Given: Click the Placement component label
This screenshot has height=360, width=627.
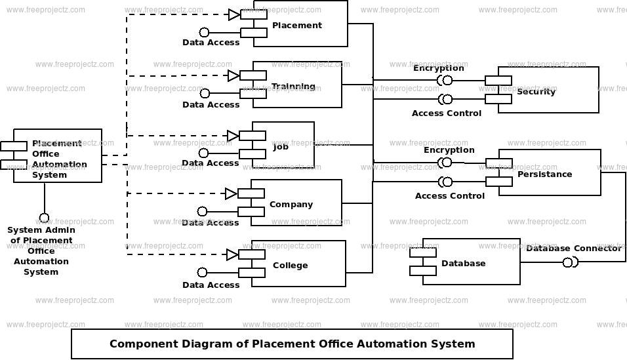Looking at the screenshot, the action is pos(296,25).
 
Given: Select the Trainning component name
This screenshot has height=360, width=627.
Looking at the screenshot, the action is pos(293,87).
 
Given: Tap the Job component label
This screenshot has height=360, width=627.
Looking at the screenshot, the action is pos(281,147).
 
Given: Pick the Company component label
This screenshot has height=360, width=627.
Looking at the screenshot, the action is pos(291,205).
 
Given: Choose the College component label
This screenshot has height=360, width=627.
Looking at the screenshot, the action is pos(291,265).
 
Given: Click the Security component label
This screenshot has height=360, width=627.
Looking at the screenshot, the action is pos(536,92).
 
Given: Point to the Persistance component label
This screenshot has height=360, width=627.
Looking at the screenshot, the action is pos(544,174).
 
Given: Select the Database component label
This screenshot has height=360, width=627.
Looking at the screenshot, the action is pos(464,263).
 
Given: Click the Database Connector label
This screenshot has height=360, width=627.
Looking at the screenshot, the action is pos(574,249).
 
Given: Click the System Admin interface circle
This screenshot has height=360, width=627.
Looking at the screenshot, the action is pos(44,218).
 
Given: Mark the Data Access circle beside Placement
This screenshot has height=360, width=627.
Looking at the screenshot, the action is pos(205,32).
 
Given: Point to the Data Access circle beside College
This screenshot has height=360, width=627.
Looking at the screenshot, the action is pos(203,272).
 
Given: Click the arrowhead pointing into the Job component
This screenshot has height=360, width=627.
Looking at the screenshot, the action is pos(233,136).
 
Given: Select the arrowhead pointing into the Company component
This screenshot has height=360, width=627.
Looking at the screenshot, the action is pos(231,193).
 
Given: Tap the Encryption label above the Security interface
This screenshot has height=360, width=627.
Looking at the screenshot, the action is pos(439,68).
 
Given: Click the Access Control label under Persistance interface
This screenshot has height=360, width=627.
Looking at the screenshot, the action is pos(450,196).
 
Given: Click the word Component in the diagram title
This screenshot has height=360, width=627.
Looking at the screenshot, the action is pos(144,344).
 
